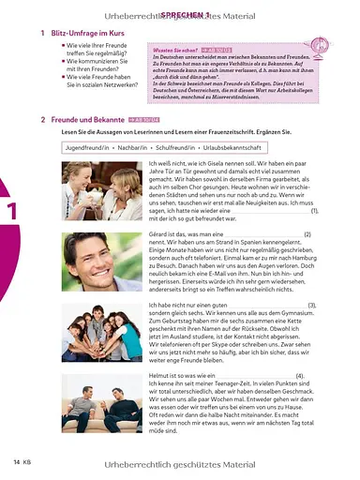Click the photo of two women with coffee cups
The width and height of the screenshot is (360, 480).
click(97, 192)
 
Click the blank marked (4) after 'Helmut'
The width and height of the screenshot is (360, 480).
click(253, 375)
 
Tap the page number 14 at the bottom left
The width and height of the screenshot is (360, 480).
click(17, 462)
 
